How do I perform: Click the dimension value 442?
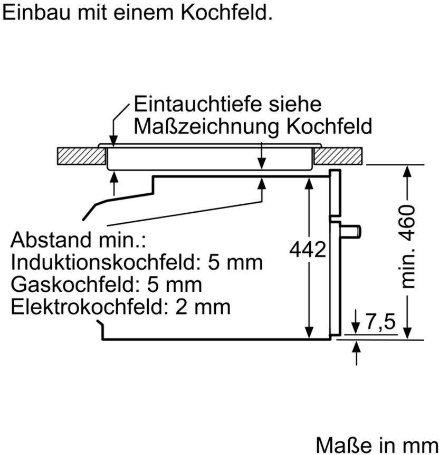tap(308, 249)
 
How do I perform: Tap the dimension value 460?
tap(407, 222)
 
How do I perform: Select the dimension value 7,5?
tap(380, 322)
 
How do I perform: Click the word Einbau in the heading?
tap(36, 13)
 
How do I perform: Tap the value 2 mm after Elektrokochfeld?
tap(203, 307)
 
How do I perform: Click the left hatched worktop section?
tap(81, 156)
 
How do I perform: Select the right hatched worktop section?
tap(338, 156)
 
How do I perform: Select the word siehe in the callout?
tap(295, 104)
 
